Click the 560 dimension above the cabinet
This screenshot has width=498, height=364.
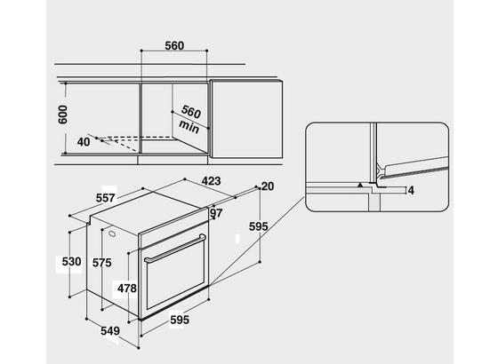pos(174,46)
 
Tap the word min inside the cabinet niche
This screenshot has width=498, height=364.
pos(189,126)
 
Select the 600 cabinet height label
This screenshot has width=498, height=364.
pos(63,115)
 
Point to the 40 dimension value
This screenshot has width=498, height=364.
pos(84,142)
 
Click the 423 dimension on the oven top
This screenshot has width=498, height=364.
pos(212,181)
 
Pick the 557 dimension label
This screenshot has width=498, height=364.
pos(105,198)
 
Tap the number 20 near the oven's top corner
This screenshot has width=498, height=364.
pos(268,186)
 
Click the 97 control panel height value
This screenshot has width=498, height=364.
pos(216,213)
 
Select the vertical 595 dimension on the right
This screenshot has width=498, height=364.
pos(259,226)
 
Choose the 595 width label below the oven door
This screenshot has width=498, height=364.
pos(180,320)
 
